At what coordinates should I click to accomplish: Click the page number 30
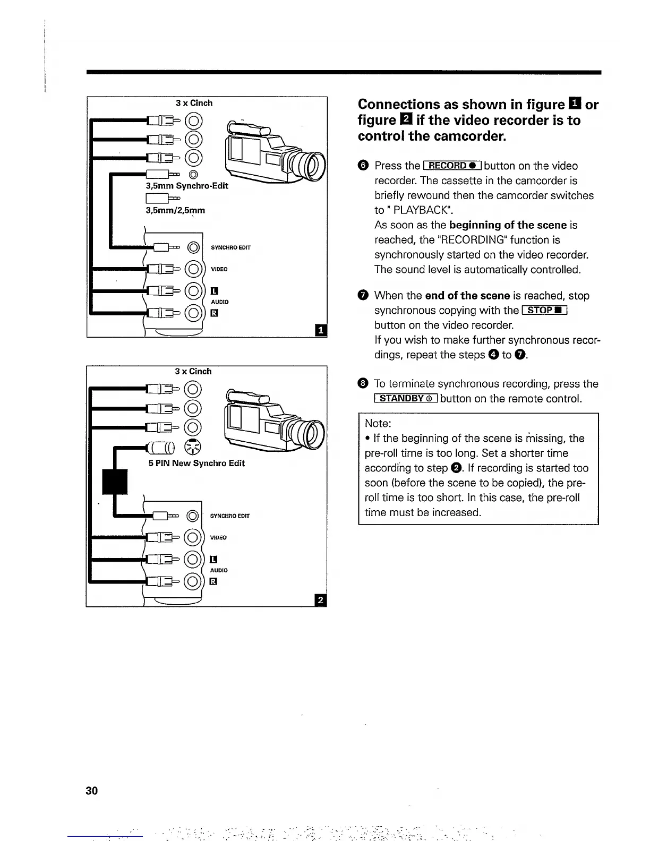tap(91, 791)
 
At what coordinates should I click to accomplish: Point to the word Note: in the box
tap(378, 424)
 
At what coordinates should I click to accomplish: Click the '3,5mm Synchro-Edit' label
tap(187, 186)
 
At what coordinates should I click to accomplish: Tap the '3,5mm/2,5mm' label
tap(175, 210)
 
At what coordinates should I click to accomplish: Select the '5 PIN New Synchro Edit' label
tap(196, 463)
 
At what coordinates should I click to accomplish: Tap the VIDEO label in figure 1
tap(219, 269)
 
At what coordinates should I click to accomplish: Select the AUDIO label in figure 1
tap(220, 302)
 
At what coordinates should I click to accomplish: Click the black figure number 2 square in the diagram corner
tap(321, 600)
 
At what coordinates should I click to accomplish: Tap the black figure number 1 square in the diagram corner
tap(321, 331)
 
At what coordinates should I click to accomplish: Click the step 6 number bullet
tap(363, 166)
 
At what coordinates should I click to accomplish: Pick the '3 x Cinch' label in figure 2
tap(193, 372)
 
